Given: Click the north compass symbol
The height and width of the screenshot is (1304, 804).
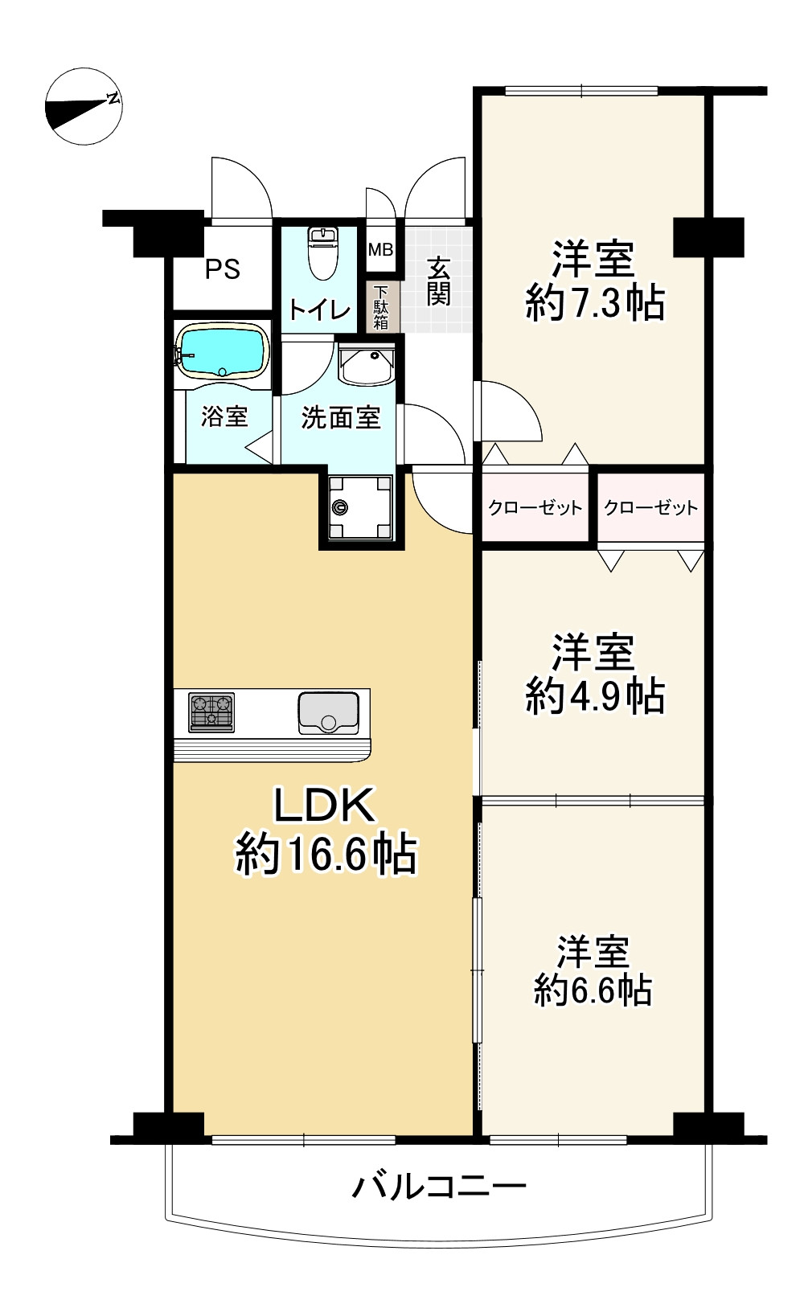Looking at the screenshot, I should [x=83, y=106].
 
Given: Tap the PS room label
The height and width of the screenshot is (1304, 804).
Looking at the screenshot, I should [x=222, y=269].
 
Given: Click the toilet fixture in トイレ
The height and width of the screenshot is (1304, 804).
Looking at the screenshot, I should [x=322, y=252].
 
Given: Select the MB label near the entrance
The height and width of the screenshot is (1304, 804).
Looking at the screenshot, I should [x=380, y=249].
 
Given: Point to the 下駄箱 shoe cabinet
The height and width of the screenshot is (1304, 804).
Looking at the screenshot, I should [x=380, y=306].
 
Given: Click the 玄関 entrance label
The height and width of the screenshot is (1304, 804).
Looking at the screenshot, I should [x=438, y=281].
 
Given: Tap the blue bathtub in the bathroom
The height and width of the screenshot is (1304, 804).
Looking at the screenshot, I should [x=223, y=351].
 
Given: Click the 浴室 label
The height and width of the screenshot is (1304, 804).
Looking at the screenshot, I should [x=224, y=417].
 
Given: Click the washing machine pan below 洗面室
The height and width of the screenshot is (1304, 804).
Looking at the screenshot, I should [x=359, y=507].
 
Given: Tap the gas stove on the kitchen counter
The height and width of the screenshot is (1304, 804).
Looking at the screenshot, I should [x=211, y=711].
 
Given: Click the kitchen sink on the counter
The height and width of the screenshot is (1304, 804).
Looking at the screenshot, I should [x=328, y=711].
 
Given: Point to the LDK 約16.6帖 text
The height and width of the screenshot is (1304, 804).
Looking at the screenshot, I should [x=326, y=830].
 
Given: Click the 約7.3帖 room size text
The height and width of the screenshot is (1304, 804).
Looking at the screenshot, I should [x=595, y=305].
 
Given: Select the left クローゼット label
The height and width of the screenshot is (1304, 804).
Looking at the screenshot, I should [x=535, y=507].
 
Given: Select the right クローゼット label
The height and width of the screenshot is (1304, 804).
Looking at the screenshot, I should [x=650, y=507].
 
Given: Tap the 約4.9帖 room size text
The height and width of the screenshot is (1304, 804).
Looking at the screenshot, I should [x=595, y=696].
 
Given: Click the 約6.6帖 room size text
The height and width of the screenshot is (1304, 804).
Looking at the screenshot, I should [x=593, y=991].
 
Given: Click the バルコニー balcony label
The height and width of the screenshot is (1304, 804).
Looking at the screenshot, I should [x=440, y=1186].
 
